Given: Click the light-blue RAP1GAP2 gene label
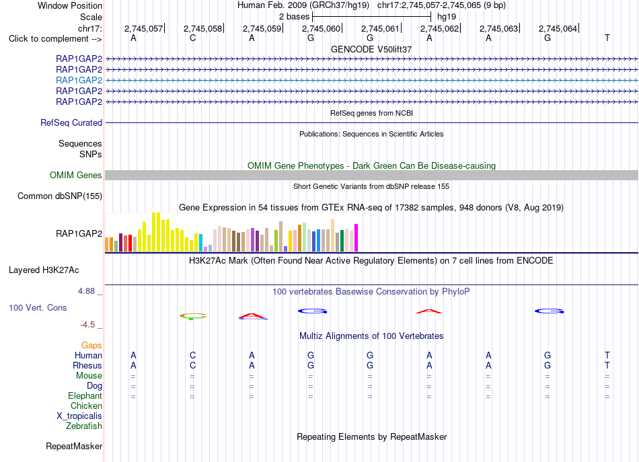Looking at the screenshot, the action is [x=79, y=80].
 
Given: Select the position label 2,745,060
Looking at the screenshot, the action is [x=321, y=28].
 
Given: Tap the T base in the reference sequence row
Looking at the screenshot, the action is [x=607, y=38].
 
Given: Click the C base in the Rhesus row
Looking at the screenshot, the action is [x=193, y=365].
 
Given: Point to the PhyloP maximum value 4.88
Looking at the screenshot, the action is [x=86, y=291].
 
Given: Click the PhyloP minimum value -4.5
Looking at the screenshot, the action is [x=87, y=325].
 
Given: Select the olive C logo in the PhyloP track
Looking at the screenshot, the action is [x=193, y=316].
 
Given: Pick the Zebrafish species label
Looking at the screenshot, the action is [x=84, y=426].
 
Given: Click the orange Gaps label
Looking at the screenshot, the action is [x=91, y=346].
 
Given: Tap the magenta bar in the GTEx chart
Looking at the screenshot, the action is [x=356, y=237].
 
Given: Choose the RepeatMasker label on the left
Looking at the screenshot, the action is [x=74, y=446].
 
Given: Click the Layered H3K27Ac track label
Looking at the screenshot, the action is [x=44, y=270].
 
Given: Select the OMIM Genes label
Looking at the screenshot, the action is [x=76, y=176].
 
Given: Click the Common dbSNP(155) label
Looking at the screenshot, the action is [x=60, y=196].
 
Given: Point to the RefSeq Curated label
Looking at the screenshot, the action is [x=71, y=122].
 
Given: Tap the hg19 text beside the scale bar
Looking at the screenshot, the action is [x=447, y=17].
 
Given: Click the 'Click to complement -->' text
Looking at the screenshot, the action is [x=55, y=39].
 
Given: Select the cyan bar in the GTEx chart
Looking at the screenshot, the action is [x=200, y=243].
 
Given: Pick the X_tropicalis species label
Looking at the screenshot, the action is [x=79, y=416].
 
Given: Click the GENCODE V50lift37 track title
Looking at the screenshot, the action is [x=371, y=49].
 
